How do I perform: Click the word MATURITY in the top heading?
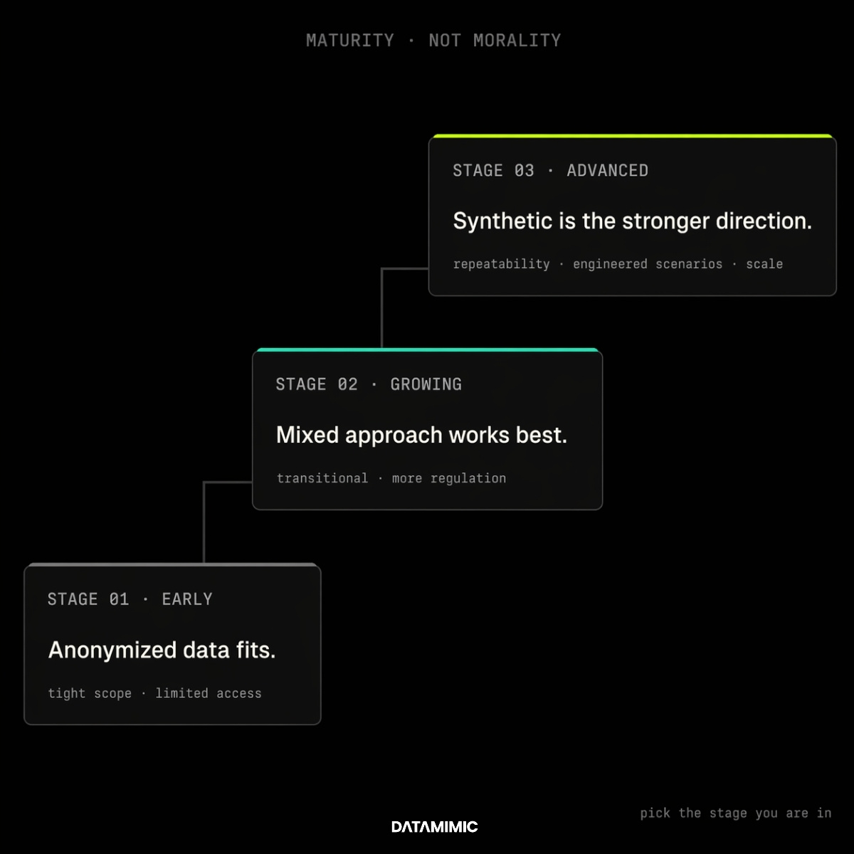[x=349, y=41]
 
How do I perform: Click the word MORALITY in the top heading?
[x=517, y=41]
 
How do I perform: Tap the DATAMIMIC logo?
[x=434, y=826]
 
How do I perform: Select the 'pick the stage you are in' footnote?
[x=736, y=813]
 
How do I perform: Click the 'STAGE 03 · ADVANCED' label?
[x=550, y=171]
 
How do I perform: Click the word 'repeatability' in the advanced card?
[x=501, y=265]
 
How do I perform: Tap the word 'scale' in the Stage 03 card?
[x=764, y=264]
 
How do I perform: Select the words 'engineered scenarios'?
[x=648, y=265]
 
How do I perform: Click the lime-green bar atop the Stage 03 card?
[x=633, y=136]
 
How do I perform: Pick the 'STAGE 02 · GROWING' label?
[x=369, y=384]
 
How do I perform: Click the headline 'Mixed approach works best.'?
[x=421, y=435]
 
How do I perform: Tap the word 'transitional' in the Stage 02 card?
[x=322, y=479]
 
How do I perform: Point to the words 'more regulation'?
[x=449, y=479]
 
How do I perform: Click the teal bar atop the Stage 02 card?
[x=427, y=349]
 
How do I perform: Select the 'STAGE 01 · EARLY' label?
[x=130, y=599]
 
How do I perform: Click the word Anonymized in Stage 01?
[x=112, y=650]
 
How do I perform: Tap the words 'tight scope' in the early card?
[x=90, y=694]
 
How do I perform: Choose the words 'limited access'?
[x=209, y=694]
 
